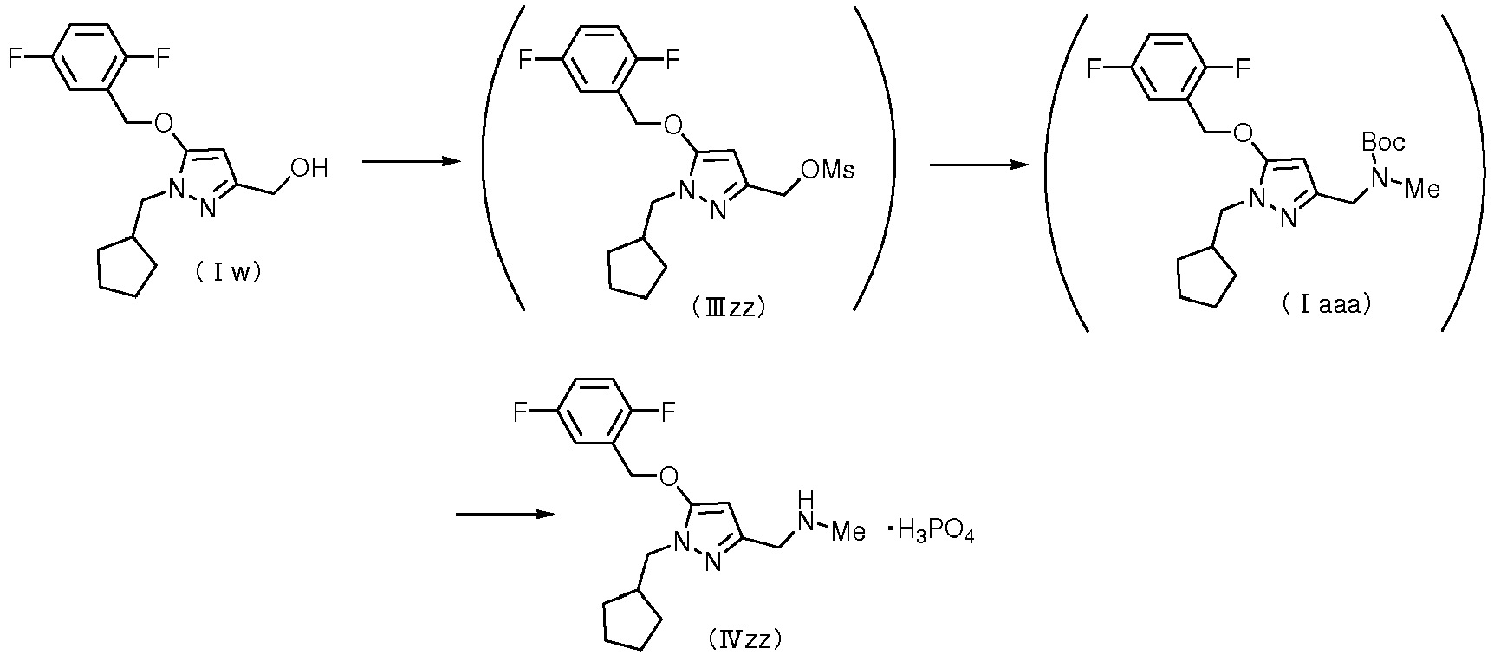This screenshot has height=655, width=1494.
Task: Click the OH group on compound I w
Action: pyautogui.click(x=309, y=168)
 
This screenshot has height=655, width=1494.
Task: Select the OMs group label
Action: pyautogui.click(x=827, y=170)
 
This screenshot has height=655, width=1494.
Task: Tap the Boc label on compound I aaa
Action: pyautogui.click(x=1383, y=142)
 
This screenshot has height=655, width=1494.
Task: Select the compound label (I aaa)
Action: pyautogui.click(x=1326, y=305)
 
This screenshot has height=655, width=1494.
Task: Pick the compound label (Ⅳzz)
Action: pyautogui.click(x=745, y=640)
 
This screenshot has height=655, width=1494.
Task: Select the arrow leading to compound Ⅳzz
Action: pyautogui.click(x=505, y=515)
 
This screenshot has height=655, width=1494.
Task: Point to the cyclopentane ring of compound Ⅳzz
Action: pyautogui.click(x=633, y=618)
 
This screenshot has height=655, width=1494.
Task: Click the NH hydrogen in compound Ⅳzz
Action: pyautogui.click(x=807, y=498)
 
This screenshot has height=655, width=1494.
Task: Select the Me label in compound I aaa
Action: pyautogui.click(x=1421, y=188)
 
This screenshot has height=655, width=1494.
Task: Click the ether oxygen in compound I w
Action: pyautogui.click(x=162, y=121)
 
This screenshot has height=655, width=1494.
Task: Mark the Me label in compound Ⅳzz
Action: pyautogui.click(x=848, y=531)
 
